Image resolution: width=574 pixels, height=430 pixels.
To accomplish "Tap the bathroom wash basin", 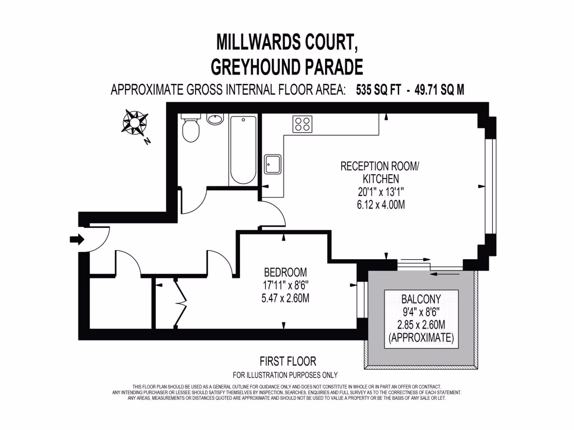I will (x=215, y=119).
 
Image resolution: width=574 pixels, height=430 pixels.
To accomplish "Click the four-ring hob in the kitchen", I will (x=303, y=124).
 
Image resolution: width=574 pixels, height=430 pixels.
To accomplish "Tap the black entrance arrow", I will (x=76, y=240).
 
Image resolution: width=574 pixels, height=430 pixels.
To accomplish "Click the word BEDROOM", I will (x=286, y=273).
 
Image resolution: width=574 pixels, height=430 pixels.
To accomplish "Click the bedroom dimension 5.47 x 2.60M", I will (x=286, y=298).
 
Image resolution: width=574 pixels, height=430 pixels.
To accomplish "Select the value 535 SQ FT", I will (x=378, y=90).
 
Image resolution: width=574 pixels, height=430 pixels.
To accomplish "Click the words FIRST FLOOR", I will (x=288, y=362).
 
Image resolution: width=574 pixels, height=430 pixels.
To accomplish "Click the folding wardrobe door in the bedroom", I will (x=180, y=302).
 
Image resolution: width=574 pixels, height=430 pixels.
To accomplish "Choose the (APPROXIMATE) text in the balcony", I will (x=420, y=338).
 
